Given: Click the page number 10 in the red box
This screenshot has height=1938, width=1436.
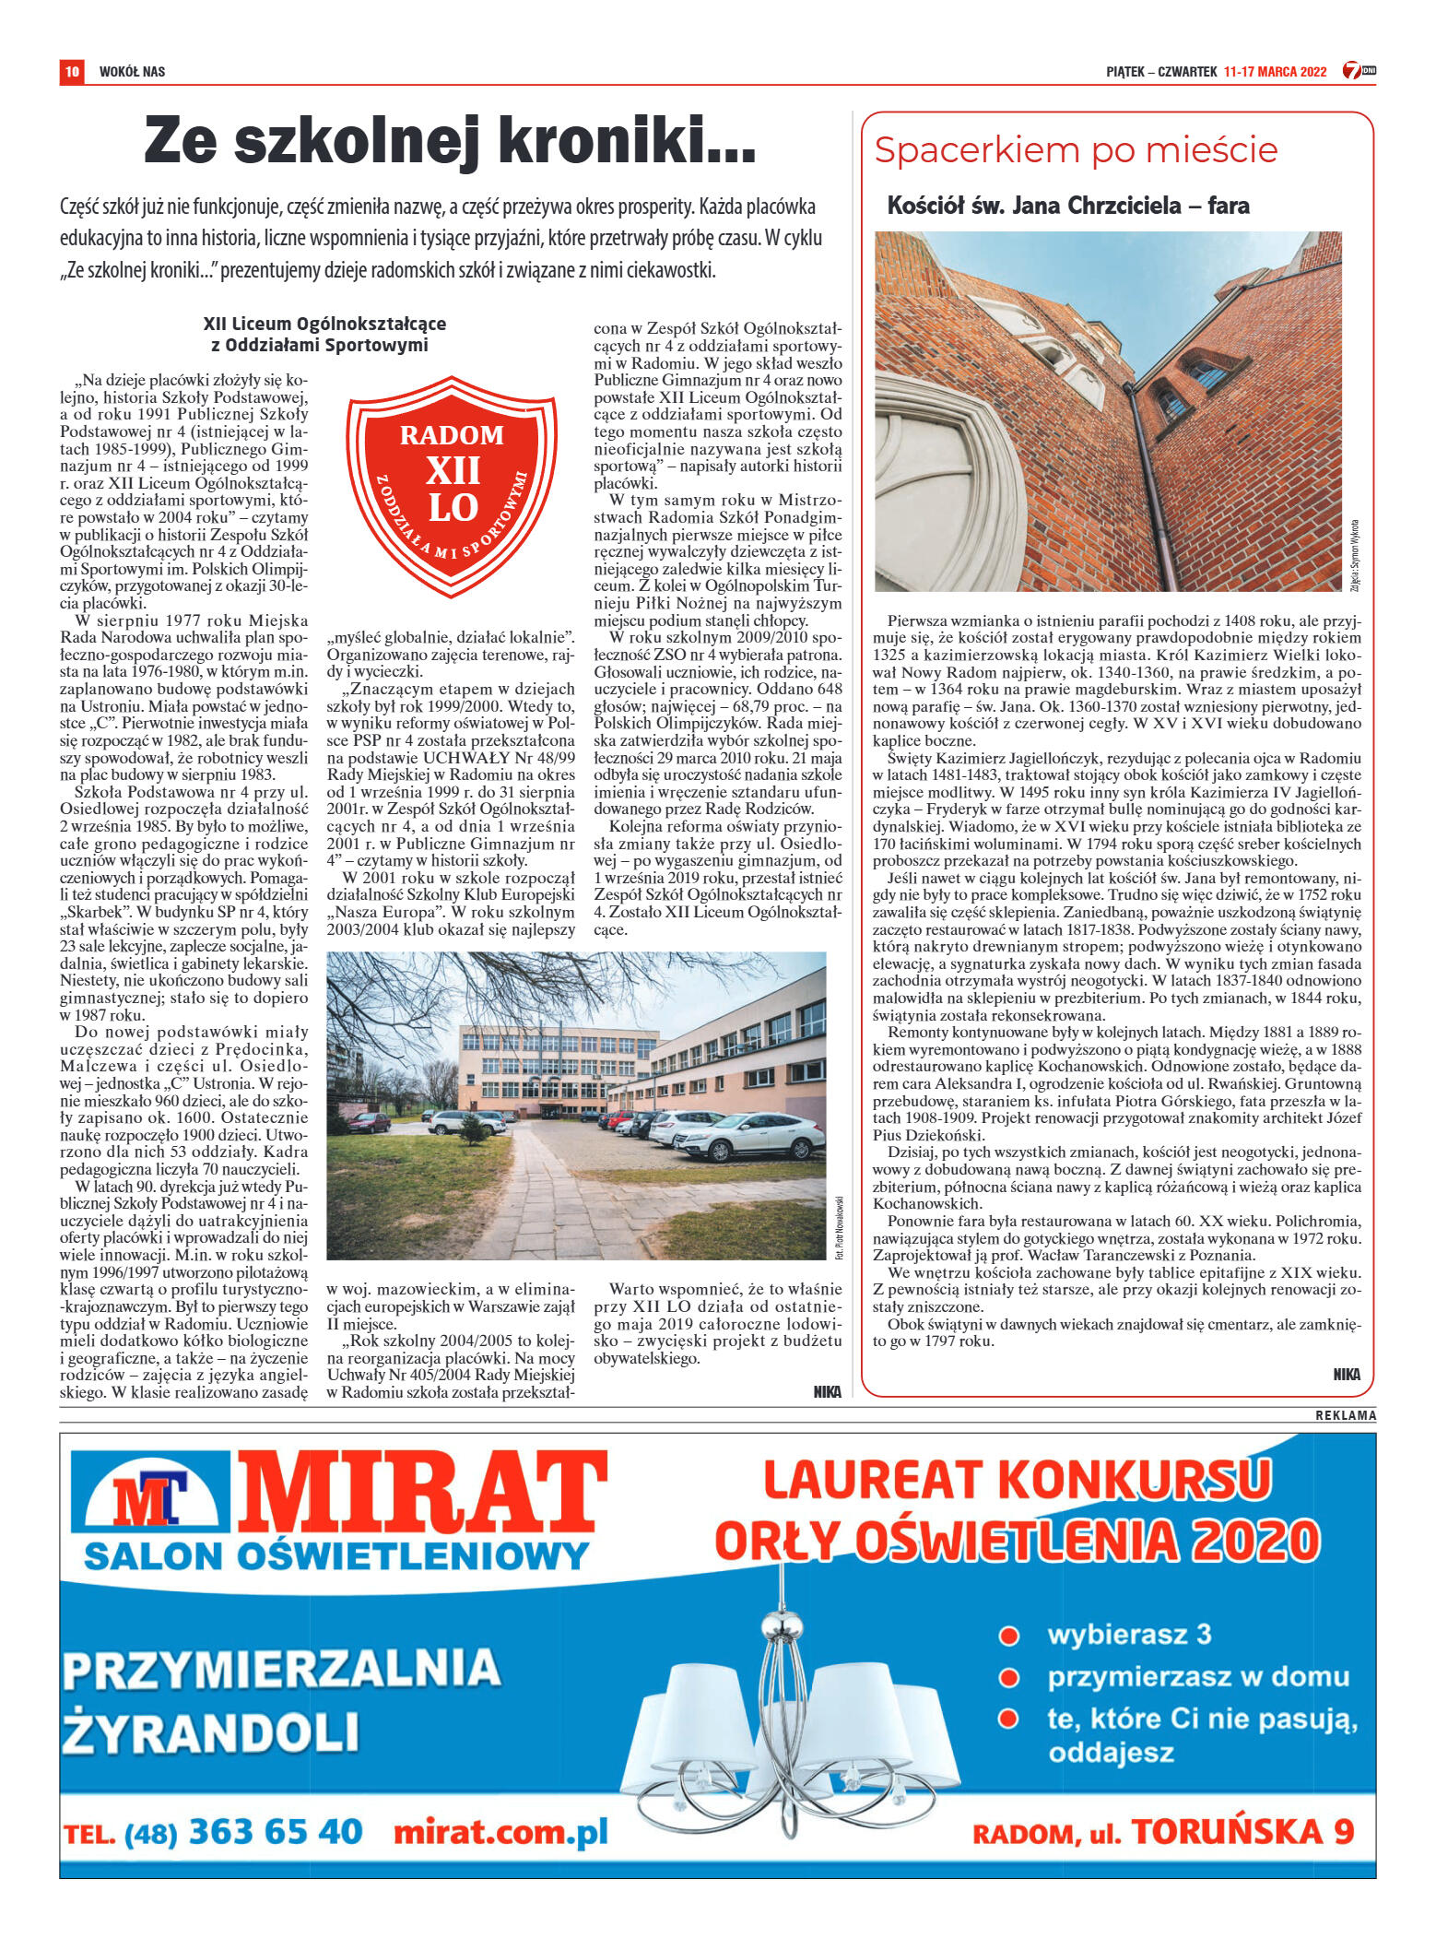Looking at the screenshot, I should pyautogui.click(x=72, y=71).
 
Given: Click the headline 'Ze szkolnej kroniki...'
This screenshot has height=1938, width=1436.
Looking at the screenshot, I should pyautogui.click(x=450, y=140).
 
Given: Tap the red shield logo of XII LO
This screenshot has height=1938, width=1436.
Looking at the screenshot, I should pyautogui.click(x=452, y=484).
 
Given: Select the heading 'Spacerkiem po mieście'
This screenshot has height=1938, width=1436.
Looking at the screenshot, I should pyautogui.click(x=1076, y=149).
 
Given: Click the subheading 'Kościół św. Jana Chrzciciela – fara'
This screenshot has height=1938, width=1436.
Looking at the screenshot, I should pyautogui.click(x=1067, y=206).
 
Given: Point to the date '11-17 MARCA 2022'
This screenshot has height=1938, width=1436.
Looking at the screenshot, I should pyautogui.click(x=1275, y=72).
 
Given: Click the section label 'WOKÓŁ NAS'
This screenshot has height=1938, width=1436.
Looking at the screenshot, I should pyautogui.click(x=132, y=72).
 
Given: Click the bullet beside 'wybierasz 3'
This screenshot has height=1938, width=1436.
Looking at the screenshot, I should pyautogui.click(x=1009, y=1636).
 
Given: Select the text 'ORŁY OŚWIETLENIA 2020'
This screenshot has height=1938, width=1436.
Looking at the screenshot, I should pyautogui.click(x=1017, y=1542).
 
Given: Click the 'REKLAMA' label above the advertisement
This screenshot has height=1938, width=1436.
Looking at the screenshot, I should pyautogui.click(x=1345, y=1415).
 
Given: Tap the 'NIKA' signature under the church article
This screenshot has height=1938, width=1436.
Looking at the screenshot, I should pyautogui.click(x=1346, y=1375).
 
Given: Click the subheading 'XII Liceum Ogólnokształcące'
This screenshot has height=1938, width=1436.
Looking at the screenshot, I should pyautogui.click(x=324, y=324).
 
